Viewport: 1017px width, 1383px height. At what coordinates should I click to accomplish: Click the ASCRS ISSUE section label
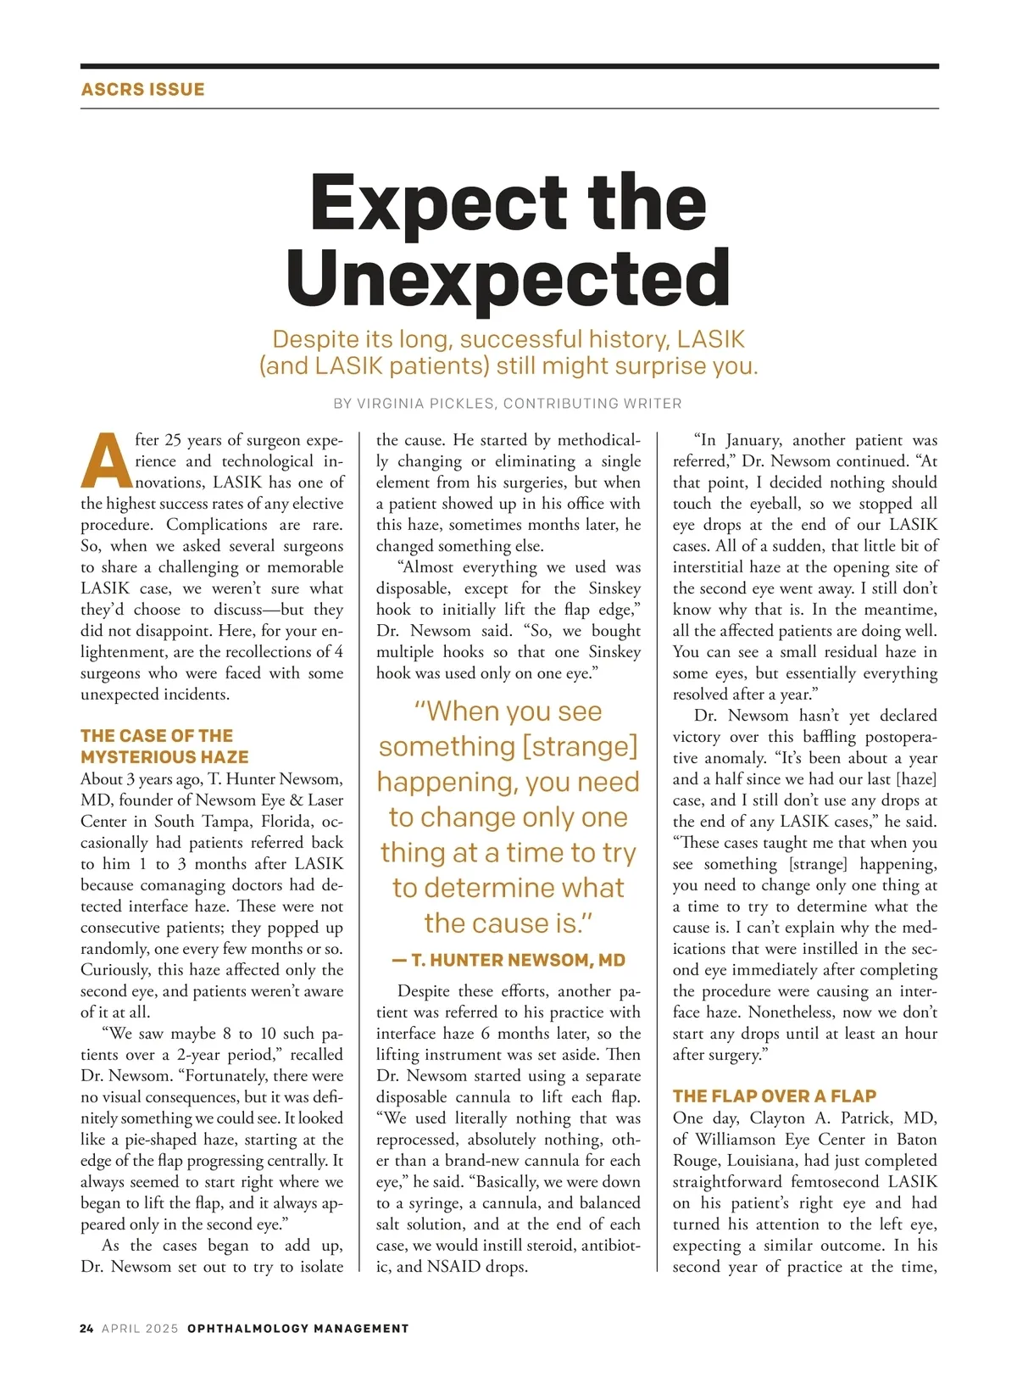pyautogui.click(x=142, y=89)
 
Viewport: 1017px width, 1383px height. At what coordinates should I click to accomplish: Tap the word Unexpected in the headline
pyautogui.click(x=508, y=278)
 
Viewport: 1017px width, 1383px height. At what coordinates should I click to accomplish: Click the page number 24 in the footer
pyautogui.click(x=86, y=1329)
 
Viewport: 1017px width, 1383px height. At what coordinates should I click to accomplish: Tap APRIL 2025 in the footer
pyautogui.click(x=140, y=1329)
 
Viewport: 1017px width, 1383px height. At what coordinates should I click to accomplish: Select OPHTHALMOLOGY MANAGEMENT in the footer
pyautogui.click(x=297, y=1329)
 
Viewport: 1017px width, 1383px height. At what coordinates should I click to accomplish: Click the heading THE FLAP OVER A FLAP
pyautogui.click(x=774, y=1096)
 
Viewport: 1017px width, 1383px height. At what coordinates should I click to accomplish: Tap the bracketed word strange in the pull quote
pyautogui.click(x=580, y=746)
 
